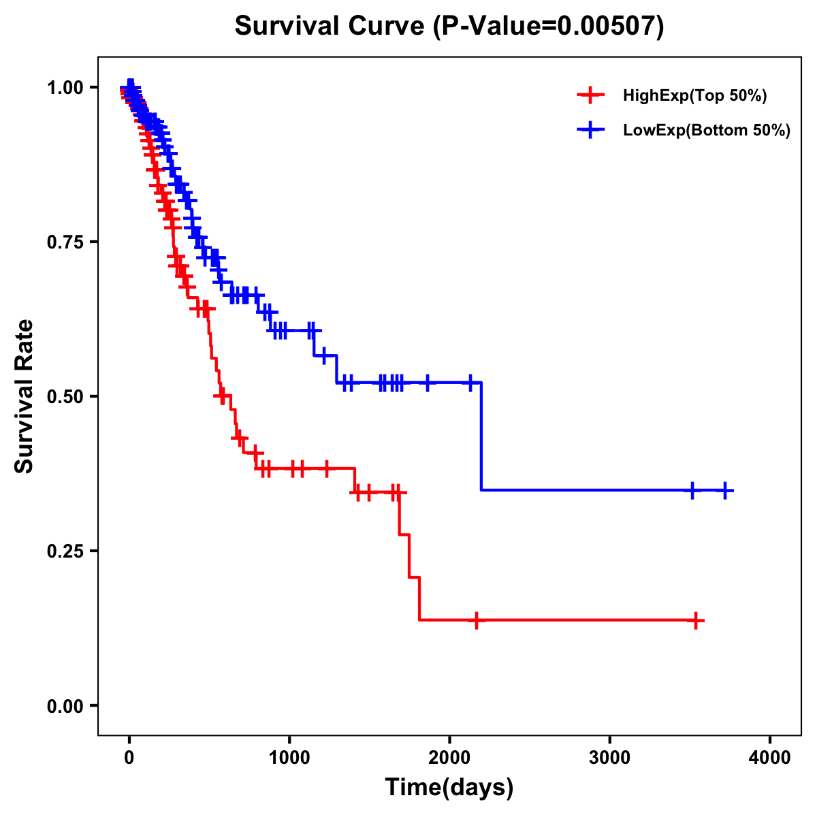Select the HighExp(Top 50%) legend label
(694, 96)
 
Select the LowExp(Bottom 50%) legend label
(706, 131)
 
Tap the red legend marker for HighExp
(590, 96)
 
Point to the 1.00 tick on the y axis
(66, 87)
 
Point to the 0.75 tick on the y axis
(66, 242)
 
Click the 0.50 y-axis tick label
(66, 396)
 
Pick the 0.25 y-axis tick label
(66, 551)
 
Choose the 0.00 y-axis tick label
(66, 705)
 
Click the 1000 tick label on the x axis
(289, 758)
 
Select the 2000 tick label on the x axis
(449, 758)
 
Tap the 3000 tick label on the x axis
(609, 758)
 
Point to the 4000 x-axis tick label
(770, 758)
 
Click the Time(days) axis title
(449, 788)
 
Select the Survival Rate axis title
(25, 396)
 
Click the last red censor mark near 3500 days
(696, 620)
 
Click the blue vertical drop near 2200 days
(481, 436)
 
